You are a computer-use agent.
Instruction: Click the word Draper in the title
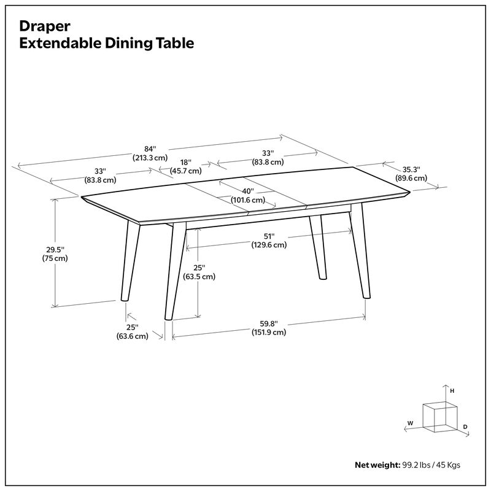43,26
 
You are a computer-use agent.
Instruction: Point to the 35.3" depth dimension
411,169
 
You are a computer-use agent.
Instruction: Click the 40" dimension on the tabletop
247,191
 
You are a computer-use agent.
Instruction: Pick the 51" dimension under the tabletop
269,236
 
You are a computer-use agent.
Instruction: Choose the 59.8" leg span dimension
268,324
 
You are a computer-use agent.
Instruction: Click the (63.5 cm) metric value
199,276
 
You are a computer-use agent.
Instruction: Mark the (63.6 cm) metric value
132,336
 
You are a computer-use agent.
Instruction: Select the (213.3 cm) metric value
150,158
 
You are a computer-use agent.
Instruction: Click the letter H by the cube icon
452,390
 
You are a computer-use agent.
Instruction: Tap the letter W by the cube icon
410,423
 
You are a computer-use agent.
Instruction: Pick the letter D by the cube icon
465,425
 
